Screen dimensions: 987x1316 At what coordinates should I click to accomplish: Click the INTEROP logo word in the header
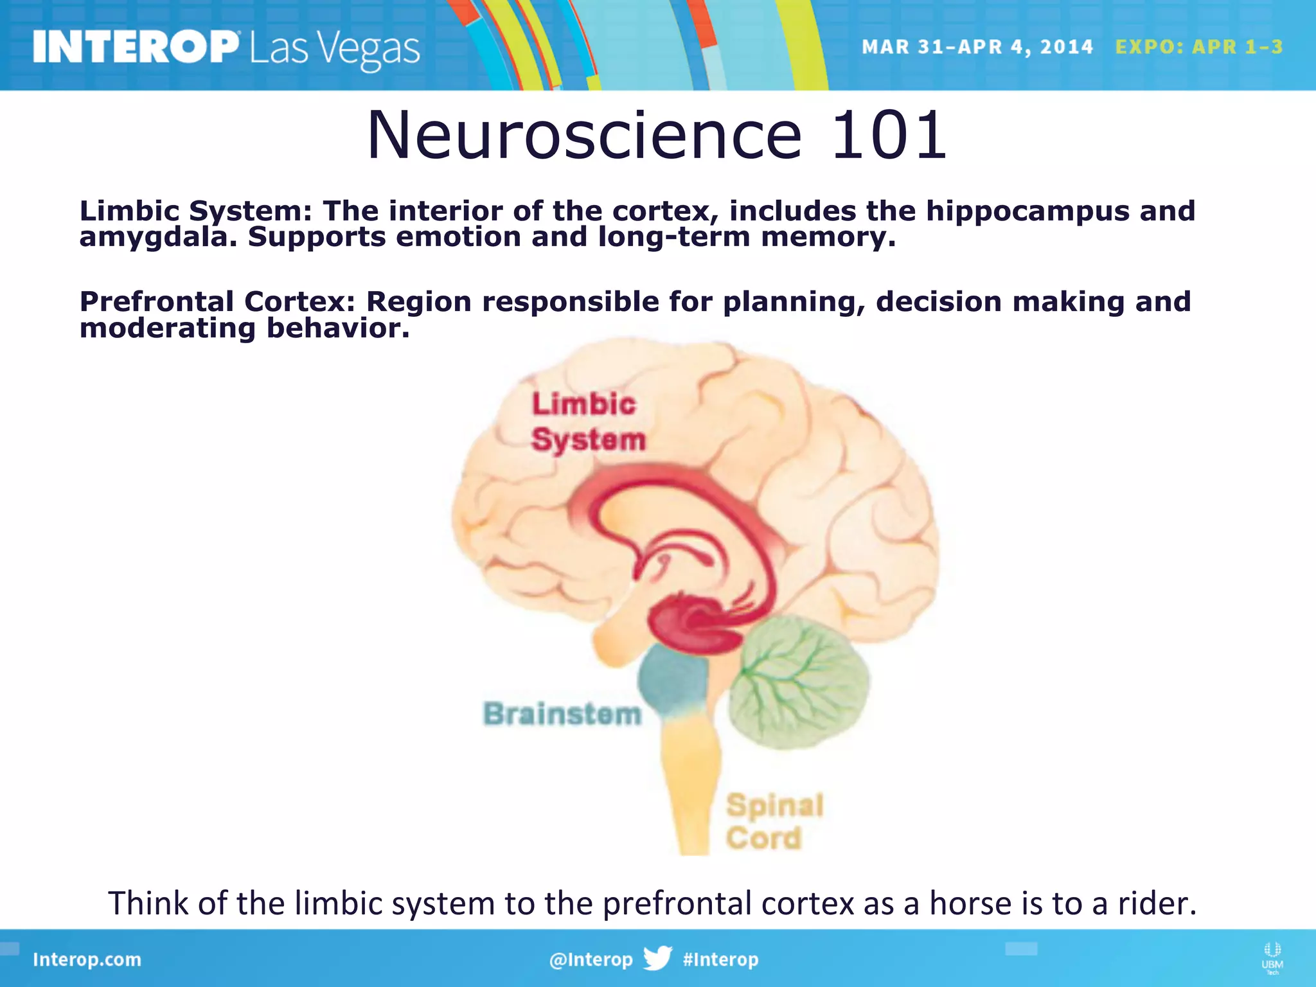pos(135,47)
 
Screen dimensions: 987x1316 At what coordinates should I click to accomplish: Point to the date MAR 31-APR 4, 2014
pos(977,47)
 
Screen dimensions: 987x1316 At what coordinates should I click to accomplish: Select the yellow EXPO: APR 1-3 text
pos(1198,47)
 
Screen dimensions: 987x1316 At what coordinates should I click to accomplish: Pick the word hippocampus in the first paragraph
pos(1027,211)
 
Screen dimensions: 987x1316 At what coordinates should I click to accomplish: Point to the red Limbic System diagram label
pos(587,422)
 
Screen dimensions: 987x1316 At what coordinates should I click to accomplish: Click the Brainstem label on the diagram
pos(562,714)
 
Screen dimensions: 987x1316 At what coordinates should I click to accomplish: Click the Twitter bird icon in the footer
pos(657,958)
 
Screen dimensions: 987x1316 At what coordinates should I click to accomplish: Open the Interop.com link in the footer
pos(87,959)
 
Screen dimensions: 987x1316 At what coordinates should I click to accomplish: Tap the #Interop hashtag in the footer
pos(720,959)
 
